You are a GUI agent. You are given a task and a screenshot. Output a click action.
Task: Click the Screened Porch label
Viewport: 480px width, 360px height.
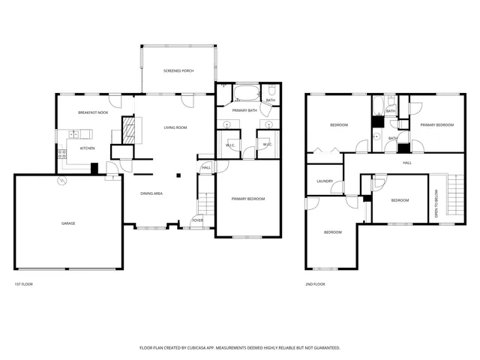[x=178, y=70]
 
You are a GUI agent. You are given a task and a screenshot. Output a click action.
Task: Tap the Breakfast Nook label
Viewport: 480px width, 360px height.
[x=93, y=112]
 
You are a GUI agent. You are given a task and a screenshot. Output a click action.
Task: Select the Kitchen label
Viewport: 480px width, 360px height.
[x=88, y=148]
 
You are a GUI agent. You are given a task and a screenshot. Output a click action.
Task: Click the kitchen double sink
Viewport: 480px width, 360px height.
[x=75, y=134]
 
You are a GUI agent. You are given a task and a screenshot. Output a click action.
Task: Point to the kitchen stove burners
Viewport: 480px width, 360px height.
[x=61, y=155]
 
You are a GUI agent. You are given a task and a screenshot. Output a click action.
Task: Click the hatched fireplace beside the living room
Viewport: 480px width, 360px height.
[x=130, y=129]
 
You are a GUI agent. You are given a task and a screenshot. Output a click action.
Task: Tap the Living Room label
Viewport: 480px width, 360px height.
[x=175, y=127]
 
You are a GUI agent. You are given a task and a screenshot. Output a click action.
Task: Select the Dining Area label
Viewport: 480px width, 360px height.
[x=152, y=193]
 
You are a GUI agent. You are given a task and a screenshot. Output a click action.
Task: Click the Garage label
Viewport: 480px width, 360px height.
[x=68, y=223]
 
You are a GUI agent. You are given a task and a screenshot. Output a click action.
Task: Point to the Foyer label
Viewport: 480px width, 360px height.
[x=197, y=220]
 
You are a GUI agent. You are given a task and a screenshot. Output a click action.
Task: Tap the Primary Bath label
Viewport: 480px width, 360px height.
[x=244, y=110]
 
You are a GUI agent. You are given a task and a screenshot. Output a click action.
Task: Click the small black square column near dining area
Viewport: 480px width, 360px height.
[x=178, y=175]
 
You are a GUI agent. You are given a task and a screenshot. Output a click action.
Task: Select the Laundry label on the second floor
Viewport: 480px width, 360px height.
[x=325, y=181]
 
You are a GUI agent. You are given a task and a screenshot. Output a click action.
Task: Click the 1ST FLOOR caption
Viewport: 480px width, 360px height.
[x=22, y=284]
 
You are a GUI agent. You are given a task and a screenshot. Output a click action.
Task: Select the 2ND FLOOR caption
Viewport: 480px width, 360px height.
[x=315, y=284]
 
